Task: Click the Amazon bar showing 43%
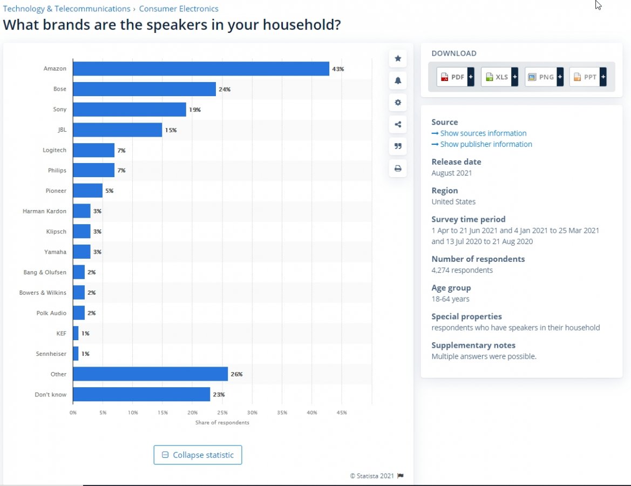pyautogui.click(x=201, y=69)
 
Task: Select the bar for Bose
pyautogui.click(x=144, y=89)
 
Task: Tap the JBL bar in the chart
pyautogui.click(x=117, y=130)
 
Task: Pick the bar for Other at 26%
pyautogui.click(x=150, y=374)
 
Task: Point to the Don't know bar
pyautogui.click(x=141, y=394)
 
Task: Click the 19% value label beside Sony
pyautogui.click(x=195, y=110)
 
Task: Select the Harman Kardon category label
pyautogui.click(x=44, y=211)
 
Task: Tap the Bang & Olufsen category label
pyautogui.click(x=45, y=272)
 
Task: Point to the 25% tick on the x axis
pyautogui.click(x=222, y=413)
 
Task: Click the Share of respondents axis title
pyautogui.click(x=222, y=422)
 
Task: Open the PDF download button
pyautogui.click(x=455, y=77)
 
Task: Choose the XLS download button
pyautogui.click(x=499, y=77)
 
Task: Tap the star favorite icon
pyautogui.click(x=398, y=58)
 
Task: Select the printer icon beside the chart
pyautogui.click(x=398, y=168)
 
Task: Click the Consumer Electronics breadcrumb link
pyautogui.click(x=179, y=9)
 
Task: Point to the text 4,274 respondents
pyautogui.click(x=462, y=270)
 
